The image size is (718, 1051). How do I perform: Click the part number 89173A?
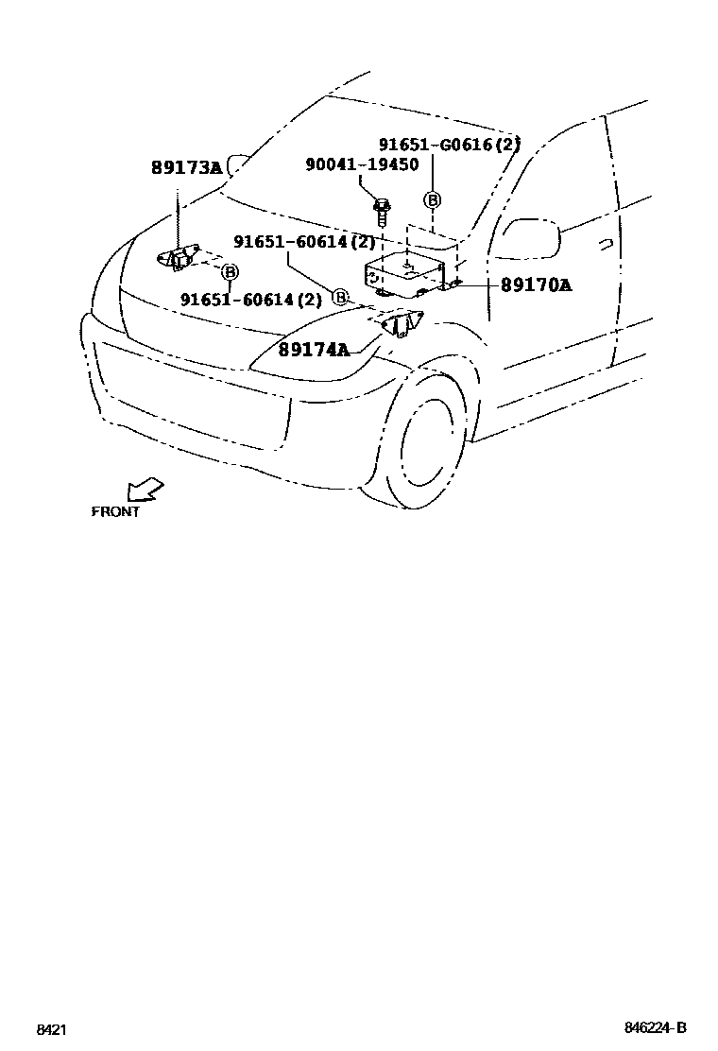(x=186, y=168)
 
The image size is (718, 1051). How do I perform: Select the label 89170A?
(x=536, y=284)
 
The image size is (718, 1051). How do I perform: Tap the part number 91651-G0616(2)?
(x=450, y=145)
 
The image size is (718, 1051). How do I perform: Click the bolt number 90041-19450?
(x=362, y=164)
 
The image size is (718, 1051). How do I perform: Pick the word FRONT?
(x=115, y=511)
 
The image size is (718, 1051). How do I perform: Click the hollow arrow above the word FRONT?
(x=145, y=490)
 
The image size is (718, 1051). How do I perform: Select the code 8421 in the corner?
(x=51, y=1029)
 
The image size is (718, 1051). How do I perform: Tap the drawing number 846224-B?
(x=654, y=1028)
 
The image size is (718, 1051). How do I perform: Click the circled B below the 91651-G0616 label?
(x=432, y=199)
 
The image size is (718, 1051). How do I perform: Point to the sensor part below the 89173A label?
(x=178, y=257)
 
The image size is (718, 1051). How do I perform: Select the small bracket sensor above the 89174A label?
(x=401, y=324)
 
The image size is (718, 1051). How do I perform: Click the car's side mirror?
(x=531, y=236)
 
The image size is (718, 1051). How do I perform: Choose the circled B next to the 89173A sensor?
(x=229, y=272)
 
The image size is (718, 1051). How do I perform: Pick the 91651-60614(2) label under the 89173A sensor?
(x=250, y=300)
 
